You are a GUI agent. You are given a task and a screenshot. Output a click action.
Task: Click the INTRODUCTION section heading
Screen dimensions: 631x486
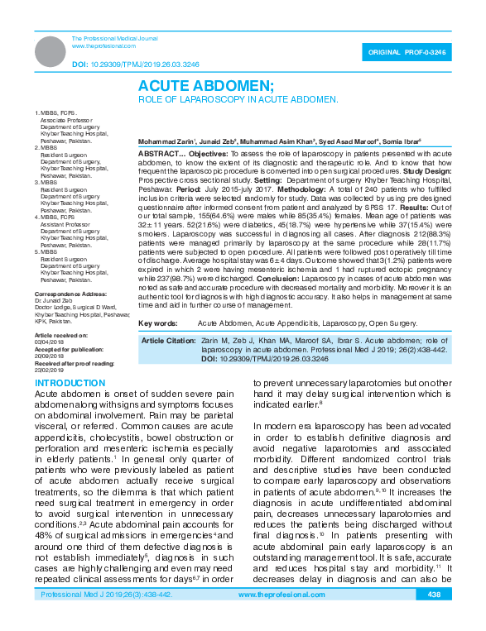coord(70,384)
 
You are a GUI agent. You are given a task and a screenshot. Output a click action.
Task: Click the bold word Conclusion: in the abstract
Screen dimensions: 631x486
coord(290,279)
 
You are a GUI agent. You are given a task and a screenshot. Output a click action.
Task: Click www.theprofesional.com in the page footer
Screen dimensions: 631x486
coord(281,619)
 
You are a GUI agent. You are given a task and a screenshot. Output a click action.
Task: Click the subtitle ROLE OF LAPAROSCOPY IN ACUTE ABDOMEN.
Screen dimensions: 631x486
coord(238,99)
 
